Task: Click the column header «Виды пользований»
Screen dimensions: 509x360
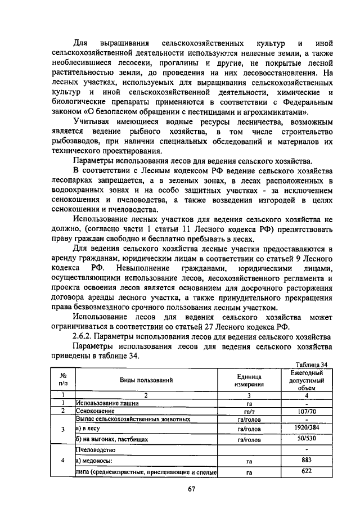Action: coord(145,380)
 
